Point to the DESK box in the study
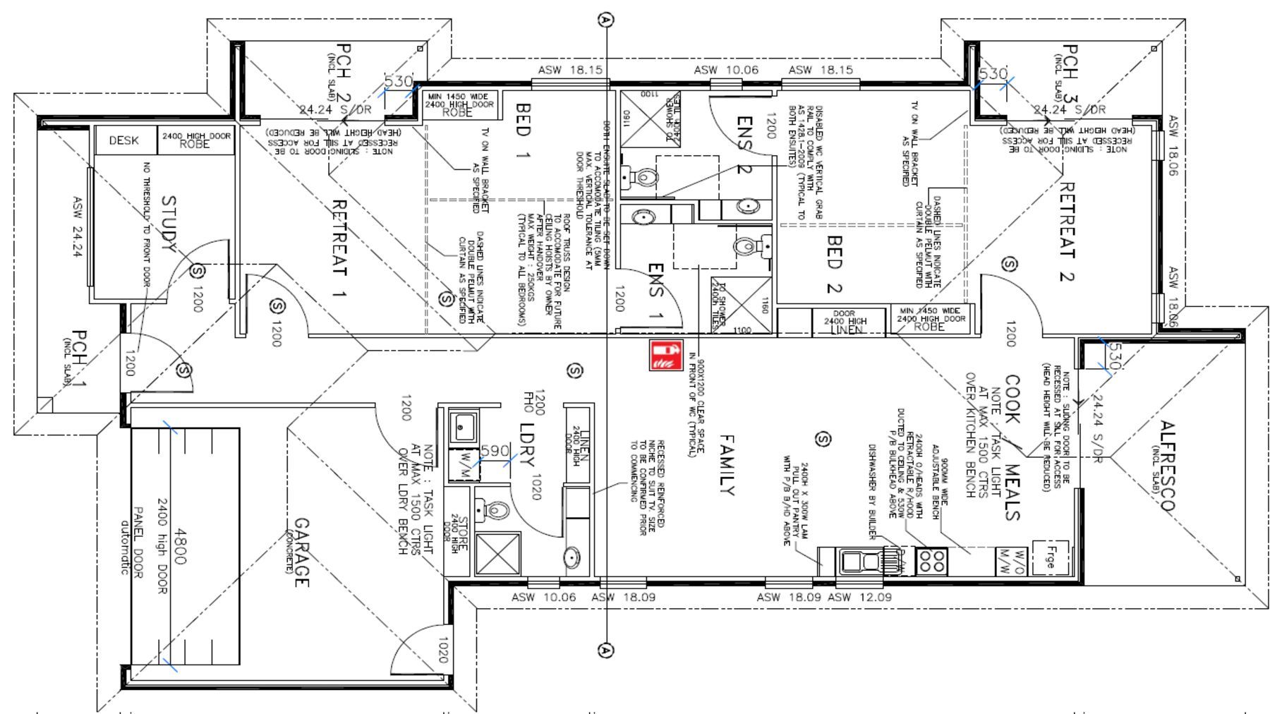tap(124, 140)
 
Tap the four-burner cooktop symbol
tap(932, 562)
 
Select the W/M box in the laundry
tap(464, 463)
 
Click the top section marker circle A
tap(605, 20)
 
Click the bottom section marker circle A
tap(605, 650)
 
